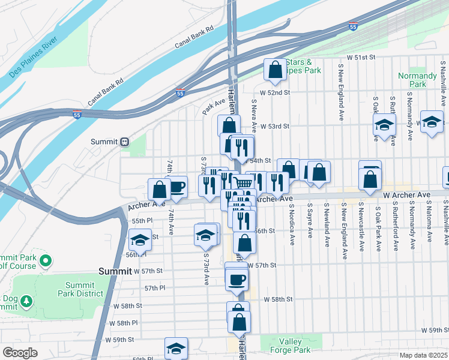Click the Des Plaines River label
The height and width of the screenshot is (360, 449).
[34, 62]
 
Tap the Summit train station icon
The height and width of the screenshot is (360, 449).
[125, 142]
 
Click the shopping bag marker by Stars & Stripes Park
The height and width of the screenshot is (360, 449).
[275, 69]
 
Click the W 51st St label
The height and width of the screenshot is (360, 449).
[361, 57]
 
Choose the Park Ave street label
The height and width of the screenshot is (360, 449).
[213, 107]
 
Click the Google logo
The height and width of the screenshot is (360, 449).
[20, 353]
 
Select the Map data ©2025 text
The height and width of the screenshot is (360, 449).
[424, 355]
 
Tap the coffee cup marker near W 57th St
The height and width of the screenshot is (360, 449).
[237, 278]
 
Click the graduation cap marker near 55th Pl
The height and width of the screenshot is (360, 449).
[140, 241]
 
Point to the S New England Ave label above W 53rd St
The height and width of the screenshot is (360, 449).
[340, 94]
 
